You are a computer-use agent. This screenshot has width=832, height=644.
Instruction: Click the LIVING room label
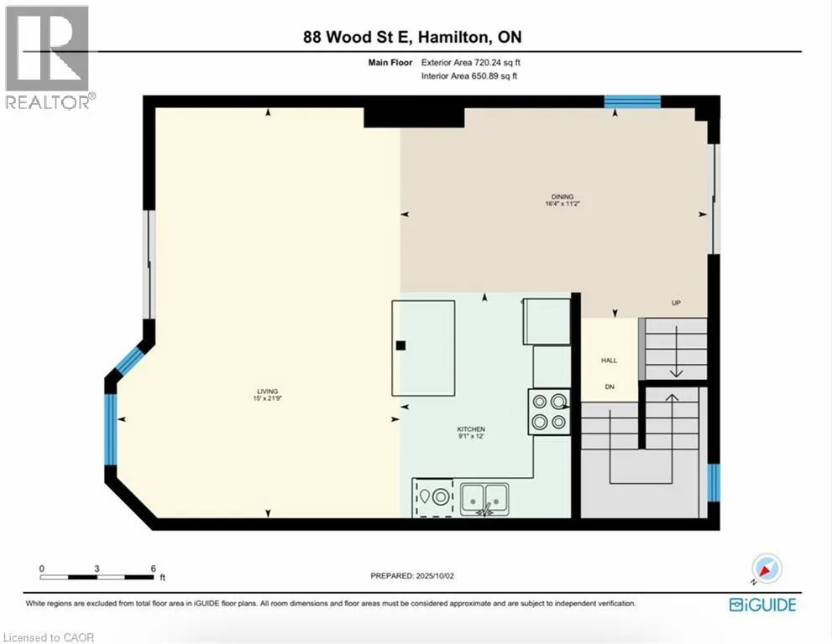(x=268, y=392)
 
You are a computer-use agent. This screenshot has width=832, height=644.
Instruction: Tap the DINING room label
(x=563, y=197)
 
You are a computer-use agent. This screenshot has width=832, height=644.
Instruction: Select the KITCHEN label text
(x=471, y=429)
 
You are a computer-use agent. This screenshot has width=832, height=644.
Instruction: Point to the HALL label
(x=610, y=361)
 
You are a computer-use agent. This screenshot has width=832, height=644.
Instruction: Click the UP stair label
(x=676, y=304)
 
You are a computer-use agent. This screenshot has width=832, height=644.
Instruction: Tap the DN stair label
(x=610, y=387)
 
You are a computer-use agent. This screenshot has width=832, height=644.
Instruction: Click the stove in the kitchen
(x=549, y=412)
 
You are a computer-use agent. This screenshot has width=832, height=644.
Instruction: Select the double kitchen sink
(x=484, y=499)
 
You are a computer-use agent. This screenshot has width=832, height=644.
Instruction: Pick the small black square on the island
(x=400, y=345)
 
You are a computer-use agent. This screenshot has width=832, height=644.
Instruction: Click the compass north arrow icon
(x=767, y=569)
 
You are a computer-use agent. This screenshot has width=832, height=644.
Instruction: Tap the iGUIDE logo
(x=762, y=605)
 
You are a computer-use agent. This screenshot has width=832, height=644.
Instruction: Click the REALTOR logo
(x=49, y=57)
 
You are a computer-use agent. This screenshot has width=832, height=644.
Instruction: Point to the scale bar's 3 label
(x=97, y=569)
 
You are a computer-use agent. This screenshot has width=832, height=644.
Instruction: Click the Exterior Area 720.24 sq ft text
(x=471, y=63)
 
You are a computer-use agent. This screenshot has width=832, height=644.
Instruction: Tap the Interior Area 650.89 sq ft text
(x=469, y=75)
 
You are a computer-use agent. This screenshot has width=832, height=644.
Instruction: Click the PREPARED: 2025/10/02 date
(x=412, y=575)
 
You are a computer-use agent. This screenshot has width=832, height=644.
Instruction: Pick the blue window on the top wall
(x=632, y=101)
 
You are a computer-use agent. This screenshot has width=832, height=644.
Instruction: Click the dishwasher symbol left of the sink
(x=433, y=497)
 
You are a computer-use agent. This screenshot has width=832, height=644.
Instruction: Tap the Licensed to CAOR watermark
(x=49, y=637)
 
